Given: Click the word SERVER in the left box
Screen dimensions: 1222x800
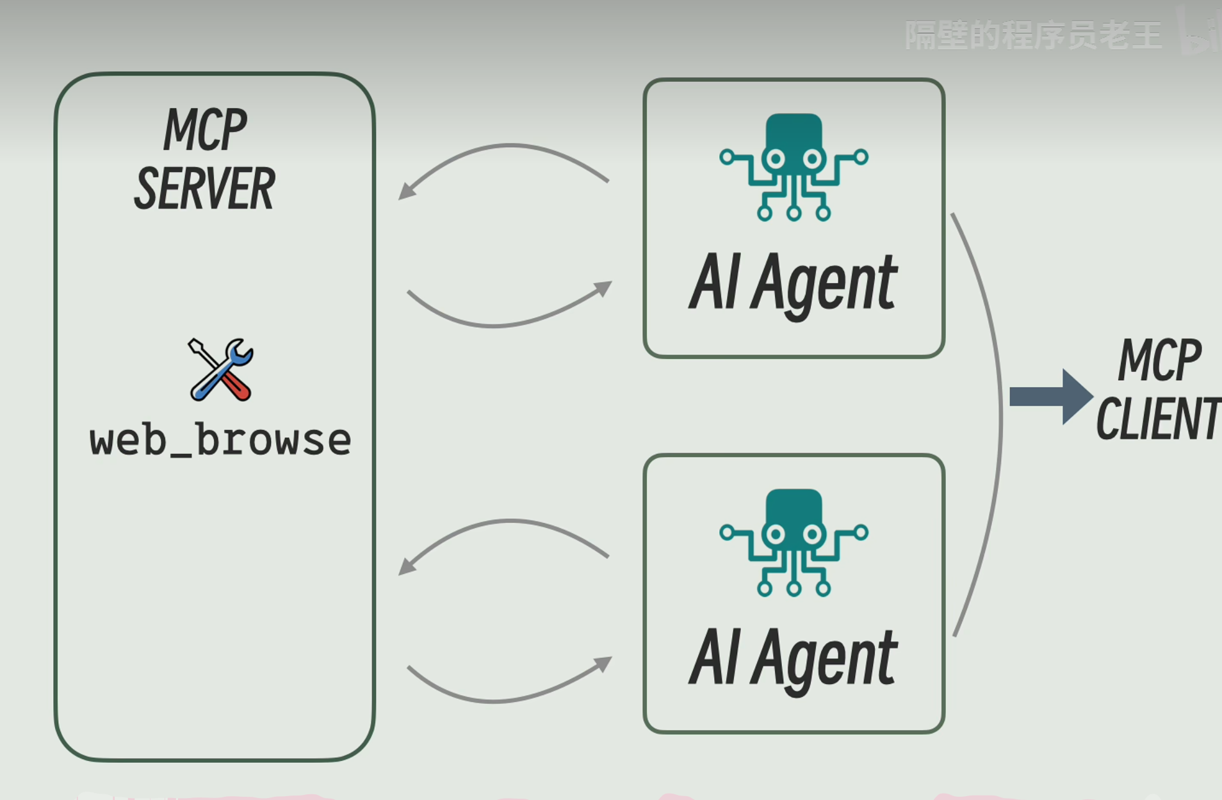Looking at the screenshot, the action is click(x=204, y=189).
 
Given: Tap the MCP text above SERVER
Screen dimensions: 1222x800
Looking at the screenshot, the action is click(x=205, y=130).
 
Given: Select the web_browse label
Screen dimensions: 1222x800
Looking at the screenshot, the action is click(x=220, y=440).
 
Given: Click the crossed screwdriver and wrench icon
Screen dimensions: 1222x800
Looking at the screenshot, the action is click(x=221, y=370).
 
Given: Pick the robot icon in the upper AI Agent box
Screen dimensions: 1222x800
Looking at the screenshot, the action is click(x=794, y=167).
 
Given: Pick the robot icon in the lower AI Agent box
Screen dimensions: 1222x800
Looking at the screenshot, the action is click(x=794, y=543).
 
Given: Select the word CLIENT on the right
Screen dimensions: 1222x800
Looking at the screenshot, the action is click(x=1158, y=419).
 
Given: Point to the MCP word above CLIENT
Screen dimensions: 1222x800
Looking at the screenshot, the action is click(x=1159, y=360).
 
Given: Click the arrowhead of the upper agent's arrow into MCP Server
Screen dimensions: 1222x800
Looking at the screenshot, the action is click(x=405, y=192).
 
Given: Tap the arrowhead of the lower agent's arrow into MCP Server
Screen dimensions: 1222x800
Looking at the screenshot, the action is click(x=405, y=567).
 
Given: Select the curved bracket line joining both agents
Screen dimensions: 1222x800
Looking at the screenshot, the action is click(x=999, y=422).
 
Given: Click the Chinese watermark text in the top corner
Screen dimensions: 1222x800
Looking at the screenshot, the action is click(x=1032, y=36).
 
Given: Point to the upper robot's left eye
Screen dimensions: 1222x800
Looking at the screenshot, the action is click(x=775, y=158).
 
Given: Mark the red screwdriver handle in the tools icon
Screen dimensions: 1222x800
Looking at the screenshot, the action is click(x=238, y=387).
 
